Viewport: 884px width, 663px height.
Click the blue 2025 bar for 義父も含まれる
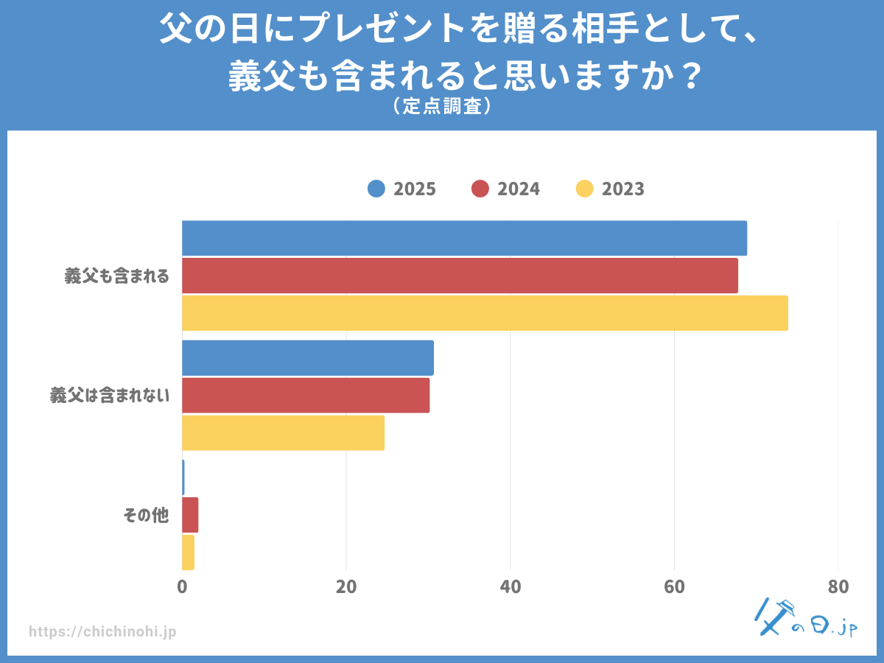point(464,239)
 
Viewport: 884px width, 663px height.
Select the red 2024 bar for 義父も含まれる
point(460,276)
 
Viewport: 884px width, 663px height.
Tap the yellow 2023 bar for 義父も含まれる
point(485,313)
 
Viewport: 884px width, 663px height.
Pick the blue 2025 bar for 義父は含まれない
point(308,358)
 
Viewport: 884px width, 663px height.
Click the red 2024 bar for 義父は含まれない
point(306,395)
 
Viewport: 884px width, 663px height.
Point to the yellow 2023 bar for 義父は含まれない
point(283,432)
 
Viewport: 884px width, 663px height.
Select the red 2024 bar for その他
point(190,515)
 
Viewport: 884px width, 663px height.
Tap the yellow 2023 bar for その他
point(188,552)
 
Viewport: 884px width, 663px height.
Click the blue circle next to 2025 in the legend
point(376,189)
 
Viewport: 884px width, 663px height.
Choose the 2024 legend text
point(519,189)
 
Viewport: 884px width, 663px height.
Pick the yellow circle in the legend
point(585,189)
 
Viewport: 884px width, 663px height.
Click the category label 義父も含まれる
point(116,276)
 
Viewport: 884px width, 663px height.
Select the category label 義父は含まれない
point(109,396)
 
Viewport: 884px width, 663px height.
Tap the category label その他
point(145,516)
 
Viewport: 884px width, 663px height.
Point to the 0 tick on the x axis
point(182,587)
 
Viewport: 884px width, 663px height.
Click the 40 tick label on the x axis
point(510,587)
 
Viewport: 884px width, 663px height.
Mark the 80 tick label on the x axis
point(838,587)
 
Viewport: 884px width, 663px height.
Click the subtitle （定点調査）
point(441,107)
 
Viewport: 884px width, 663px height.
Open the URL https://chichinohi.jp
point(102,631)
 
